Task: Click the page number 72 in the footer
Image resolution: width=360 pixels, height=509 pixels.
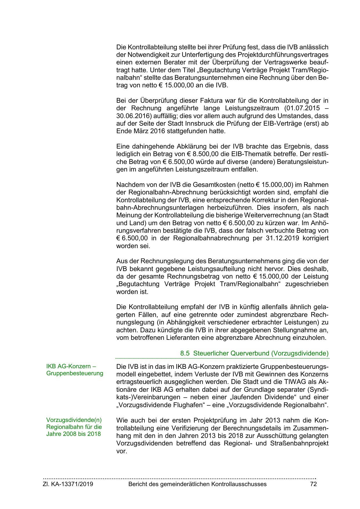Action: click(313, 484)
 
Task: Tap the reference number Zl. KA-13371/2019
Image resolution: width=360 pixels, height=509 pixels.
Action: click(68, 484)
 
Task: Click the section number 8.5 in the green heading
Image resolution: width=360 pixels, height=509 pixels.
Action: click(185, 353)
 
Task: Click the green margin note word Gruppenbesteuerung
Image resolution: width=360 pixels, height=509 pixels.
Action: click(75, 373)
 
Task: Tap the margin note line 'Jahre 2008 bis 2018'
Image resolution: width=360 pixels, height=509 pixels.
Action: click(73, 434)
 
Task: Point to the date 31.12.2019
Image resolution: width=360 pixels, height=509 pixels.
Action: click(281, 238)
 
